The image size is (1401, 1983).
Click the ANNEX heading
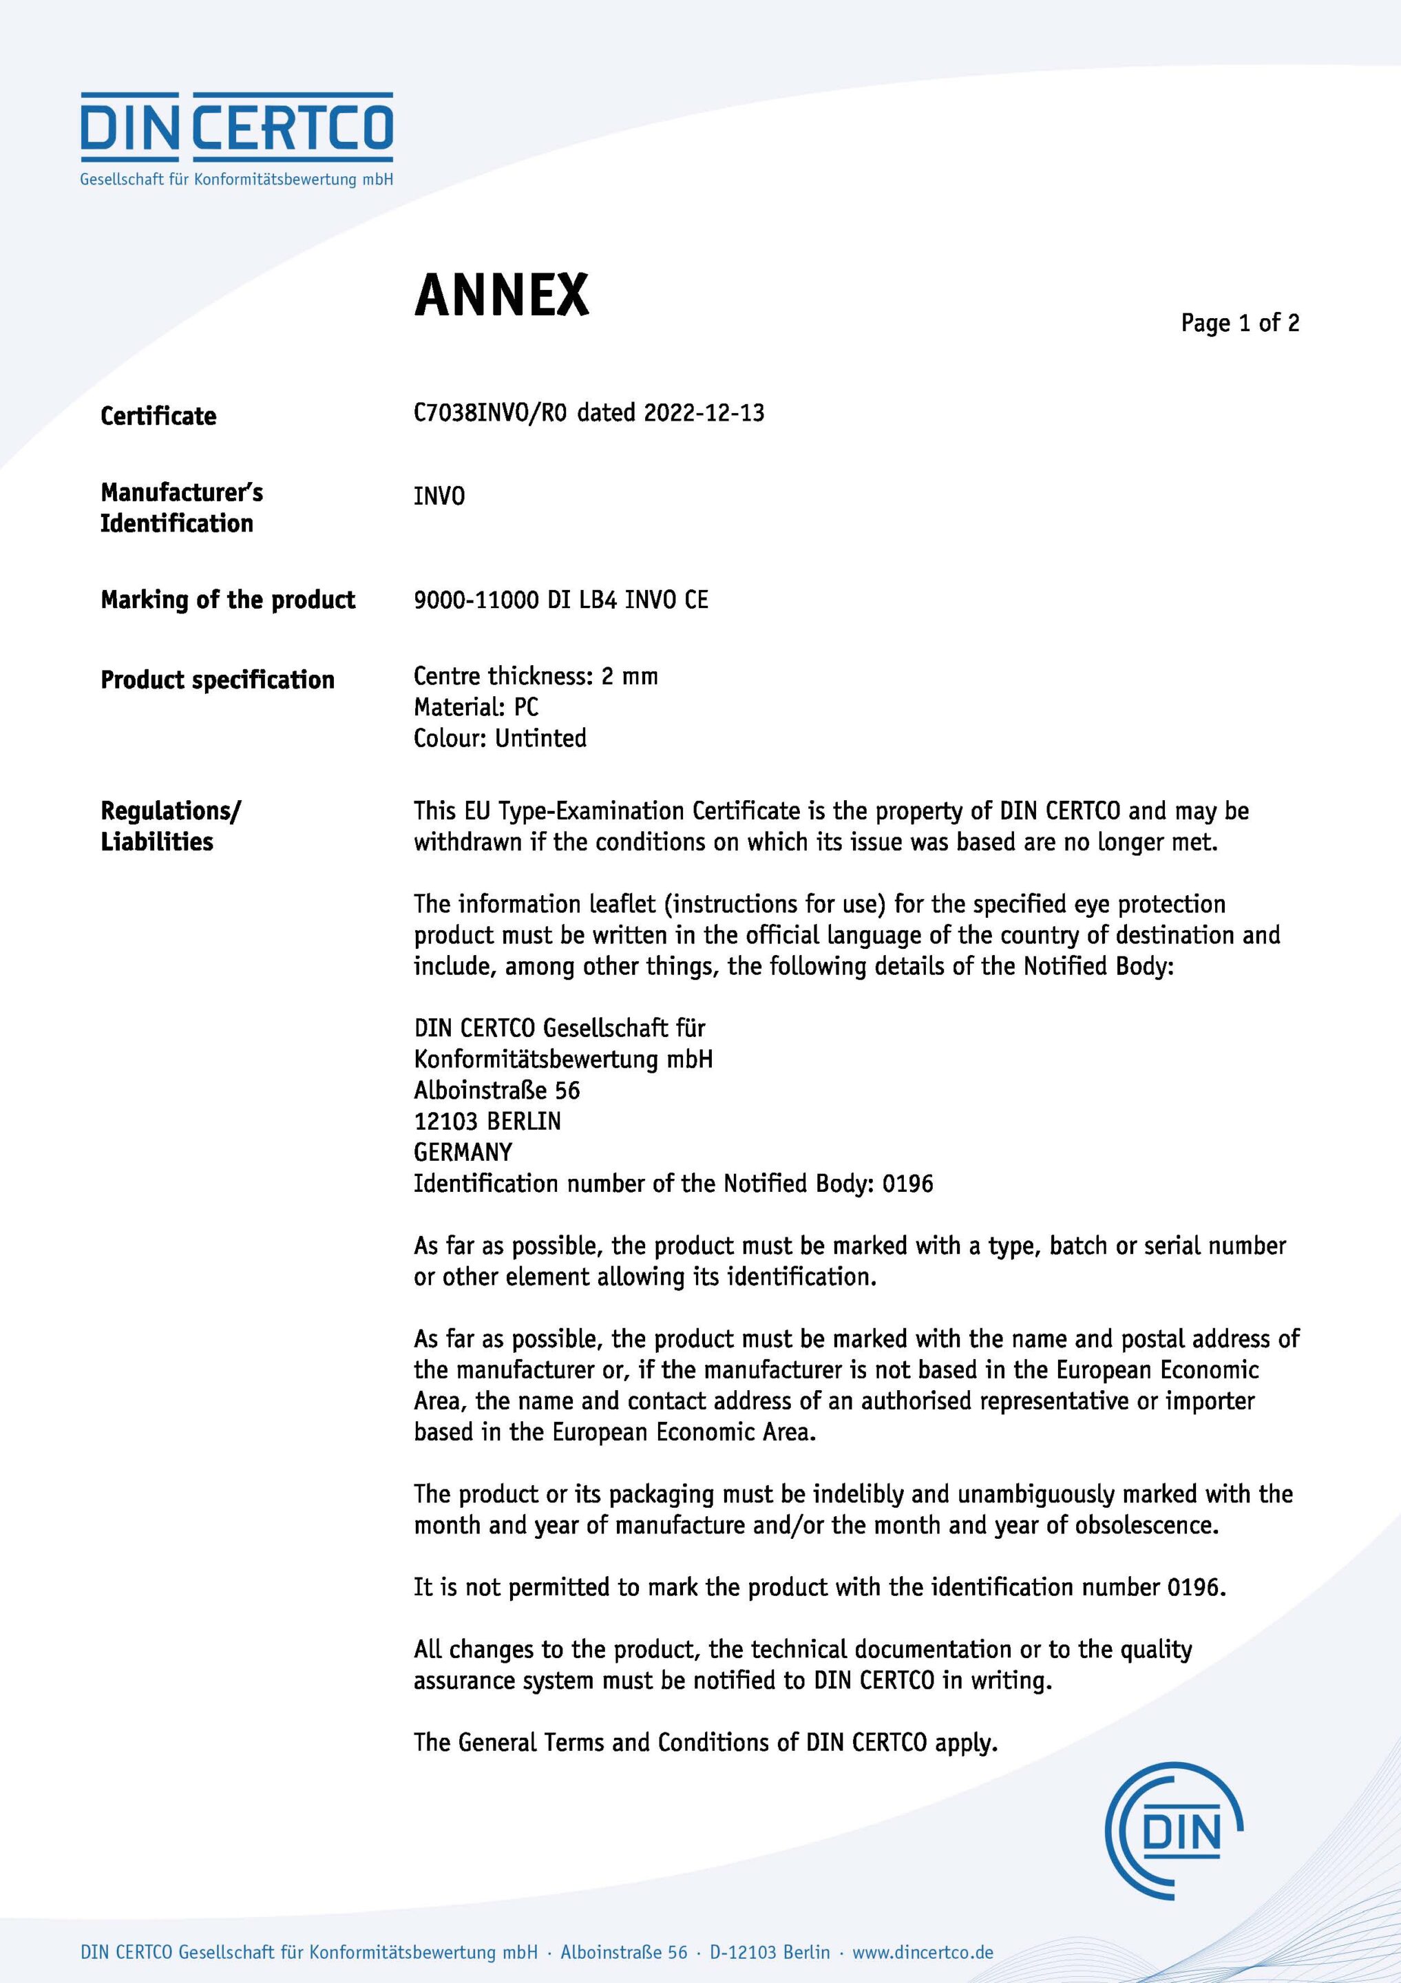[x=501, y=295]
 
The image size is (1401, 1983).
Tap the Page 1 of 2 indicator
[x=1239, y=323]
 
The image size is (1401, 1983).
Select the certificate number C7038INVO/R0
[x=489, y=413]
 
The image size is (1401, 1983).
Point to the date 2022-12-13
[x=704, y=413]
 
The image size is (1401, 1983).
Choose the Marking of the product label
[x=228, y=600]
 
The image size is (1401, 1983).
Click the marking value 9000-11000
[x=476, y=600]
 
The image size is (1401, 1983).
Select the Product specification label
[x=218, y=680]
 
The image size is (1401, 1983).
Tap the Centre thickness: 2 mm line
[x=536, y=675]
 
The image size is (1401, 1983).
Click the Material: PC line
[x=476, y=706]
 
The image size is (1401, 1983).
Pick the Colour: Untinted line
[x=500, y=737]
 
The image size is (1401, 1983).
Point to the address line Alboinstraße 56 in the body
[x=496, y=1090]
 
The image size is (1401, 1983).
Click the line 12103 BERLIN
[x=487, y=1121]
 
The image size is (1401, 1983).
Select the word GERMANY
[x=463, y=1152]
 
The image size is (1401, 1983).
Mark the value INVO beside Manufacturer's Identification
[x=439, y=496]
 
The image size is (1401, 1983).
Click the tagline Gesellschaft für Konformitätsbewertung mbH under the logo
[x=237, y=180]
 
